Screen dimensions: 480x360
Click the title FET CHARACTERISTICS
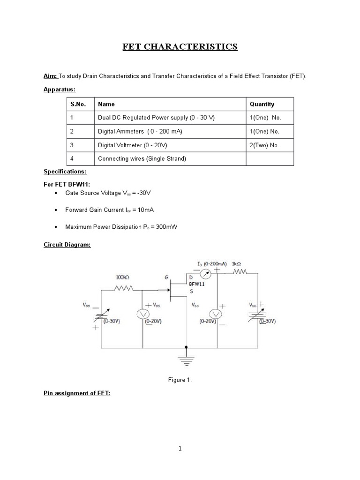(180, 46)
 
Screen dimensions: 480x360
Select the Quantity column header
(262, 104)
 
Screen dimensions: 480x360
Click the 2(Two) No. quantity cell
(264, 145)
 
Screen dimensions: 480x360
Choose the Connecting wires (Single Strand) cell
(142, 159)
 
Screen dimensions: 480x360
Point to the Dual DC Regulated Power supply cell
(156, 118)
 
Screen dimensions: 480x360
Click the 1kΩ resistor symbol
(239, 271)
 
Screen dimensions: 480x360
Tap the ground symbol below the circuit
(187, 360)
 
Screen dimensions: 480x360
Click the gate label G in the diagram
(166, 277)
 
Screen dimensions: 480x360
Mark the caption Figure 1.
(180, 380)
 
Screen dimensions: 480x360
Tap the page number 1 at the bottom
(180, 449)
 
